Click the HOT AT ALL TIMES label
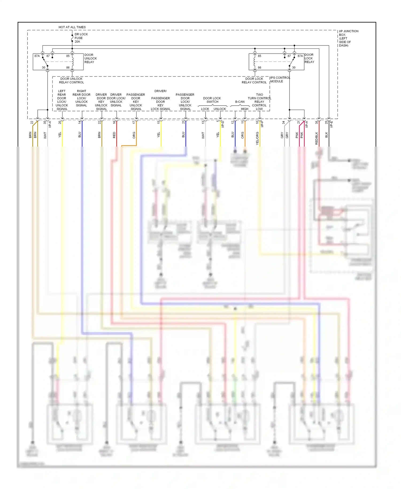pos(72,27)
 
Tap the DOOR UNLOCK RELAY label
pos(90,58)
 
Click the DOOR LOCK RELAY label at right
pos(309,58)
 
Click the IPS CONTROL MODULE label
pos(280,79)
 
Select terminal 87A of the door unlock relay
pos(37,56)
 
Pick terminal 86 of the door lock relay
pos(259,67)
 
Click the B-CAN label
pos(240,102)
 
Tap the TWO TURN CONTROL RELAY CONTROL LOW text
pos(259,102)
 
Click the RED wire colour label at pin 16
pos(114,135)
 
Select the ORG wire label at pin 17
pos(134,135)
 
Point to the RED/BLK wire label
pos(317,138)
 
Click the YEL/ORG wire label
pos(257,138)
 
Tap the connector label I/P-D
pos(222,124)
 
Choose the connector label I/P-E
pos(331,124)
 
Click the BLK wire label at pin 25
pos(326,135)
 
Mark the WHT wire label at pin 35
pos(45,135)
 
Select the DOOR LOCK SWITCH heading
pos(212,100)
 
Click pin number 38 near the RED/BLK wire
pos(317,122)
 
